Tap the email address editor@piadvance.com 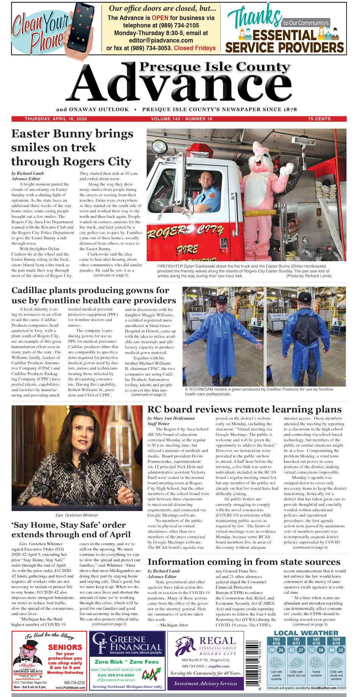point(161,41)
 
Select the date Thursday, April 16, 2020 point(56,119)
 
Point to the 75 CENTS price point(319,119)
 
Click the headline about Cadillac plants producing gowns point(94,295)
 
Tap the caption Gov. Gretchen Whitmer point(77,515)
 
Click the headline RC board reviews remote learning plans point(244,409)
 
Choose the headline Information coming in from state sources point(244,562)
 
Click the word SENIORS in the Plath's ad point(65,647)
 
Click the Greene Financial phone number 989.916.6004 point(116,675)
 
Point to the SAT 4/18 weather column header point(316,641)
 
